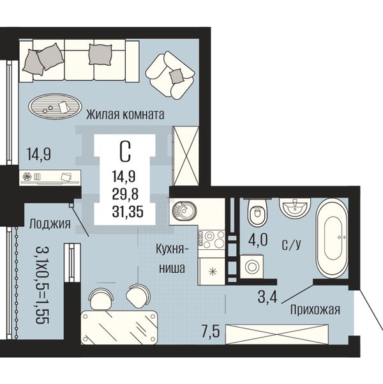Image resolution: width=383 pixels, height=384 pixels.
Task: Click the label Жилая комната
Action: [125, 114]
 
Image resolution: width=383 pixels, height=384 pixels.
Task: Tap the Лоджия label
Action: [50, 224]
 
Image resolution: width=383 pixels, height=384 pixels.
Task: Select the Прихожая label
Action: [315, 310]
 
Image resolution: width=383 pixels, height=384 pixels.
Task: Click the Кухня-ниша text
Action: [172, 259]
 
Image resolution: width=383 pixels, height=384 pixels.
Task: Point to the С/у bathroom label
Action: [291, 245]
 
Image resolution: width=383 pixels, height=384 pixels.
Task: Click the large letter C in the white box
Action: [125, 152]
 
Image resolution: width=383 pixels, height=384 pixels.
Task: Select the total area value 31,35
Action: [128, 211]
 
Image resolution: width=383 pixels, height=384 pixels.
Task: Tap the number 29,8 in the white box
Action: [125, 194]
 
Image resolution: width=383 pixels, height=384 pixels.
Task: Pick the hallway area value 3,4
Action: [267, 297]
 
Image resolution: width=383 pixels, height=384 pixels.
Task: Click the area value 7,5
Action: [211, 332]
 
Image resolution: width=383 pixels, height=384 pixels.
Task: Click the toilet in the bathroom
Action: [257, 212]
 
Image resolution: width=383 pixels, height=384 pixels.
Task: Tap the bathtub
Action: [332, 238]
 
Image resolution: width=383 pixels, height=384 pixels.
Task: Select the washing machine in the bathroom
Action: [252, 266]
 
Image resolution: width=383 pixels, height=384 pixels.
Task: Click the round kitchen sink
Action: [184, 210]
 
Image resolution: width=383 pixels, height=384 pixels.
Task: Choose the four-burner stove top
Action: [211, 239]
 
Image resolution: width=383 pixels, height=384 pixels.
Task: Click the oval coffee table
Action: [55, 107]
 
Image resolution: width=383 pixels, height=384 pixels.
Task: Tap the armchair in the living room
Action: [170, 75]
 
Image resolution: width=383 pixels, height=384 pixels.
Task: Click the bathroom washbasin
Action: [295, 207]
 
